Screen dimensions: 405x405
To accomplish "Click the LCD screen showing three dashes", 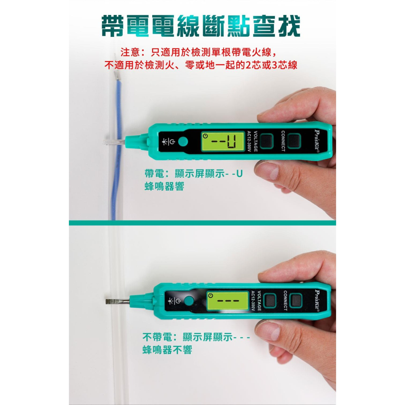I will tap(228, 301).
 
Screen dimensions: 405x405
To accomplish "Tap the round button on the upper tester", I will tap(183, 142).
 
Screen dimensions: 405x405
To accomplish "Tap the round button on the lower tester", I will tap(188, 301).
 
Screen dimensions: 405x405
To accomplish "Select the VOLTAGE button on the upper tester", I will tap(266, 141).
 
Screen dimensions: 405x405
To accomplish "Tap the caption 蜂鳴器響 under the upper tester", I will tap(164, 187).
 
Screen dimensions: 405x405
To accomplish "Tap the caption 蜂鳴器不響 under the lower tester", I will tap(167, 350).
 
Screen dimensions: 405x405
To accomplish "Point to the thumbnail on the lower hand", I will tap(267, 330).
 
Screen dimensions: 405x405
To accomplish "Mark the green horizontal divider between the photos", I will tap(202, 223).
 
